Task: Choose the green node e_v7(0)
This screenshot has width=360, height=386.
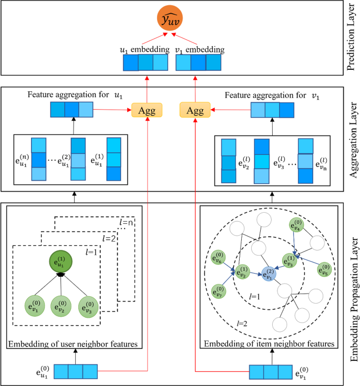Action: [218, 290]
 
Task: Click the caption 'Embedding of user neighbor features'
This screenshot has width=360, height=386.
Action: [73, 344]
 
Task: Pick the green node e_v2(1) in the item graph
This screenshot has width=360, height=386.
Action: [243, 272]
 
